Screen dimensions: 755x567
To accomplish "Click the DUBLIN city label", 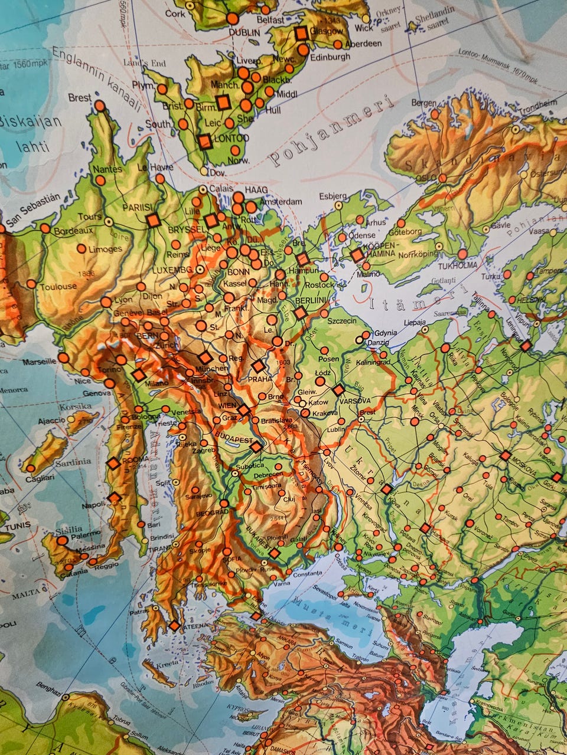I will [244, 33].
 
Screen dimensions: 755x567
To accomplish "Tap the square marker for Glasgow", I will [302, 33].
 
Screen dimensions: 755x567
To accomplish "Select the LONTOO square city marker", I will [205, 142].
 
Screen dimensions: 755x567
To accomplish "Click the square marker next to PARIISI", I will [153, 220].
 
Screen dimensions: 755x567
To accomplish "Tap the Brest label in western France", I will [80, 97].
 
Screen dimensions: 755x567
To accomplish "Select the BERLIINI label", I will [311, 300].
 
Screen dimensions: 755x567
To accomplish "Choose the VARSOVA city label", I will [356, 401].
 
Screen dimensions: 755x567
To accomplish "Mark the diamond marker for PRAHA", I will [258, 366].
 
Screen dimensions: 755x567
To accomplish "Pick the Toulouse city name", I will [58, 287].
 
